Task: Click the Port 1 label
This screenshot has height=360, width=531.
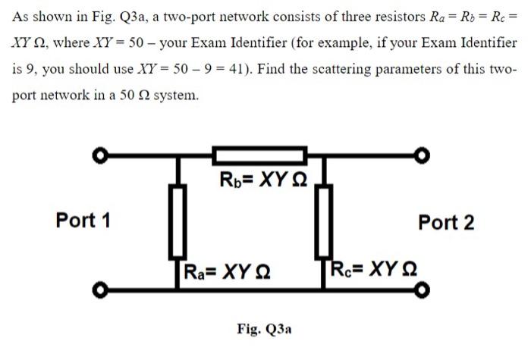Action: pyautogui.click(x=83, y=221)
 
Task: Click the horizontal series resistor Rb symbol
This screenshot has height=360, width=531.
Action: pyautogui.click(x=260, y=157)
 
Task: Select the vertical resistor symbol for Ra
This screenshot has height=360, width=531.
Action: pyautogui.click(x=178, y=221)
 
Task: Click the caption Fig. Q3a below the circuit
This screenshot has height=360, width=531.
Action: pyautogui.click(x=264, y=330)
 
